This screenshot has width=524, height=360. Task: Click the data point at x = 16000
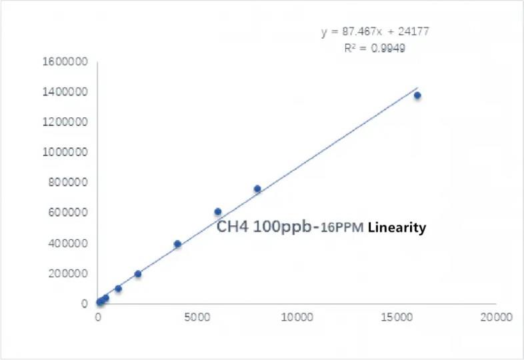[417, 95]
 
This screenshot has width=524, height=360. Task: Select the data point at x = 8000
[257, 189]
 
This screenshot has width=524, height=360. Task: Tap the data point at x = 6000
[217, 212]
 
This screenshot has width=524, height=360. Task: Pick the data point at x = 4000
[177, 244]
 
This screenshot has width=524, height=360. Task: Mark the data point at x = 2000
[138, 274]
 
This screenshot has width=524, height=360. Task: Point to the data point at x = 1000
[118, 289]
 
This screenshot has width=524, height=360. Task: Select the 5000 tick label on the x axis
[197, 317]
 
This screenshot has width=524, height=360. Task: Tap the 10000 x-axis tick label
[297, 317]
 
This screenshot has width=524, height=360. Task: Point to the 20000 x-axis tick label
[496, 317]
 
